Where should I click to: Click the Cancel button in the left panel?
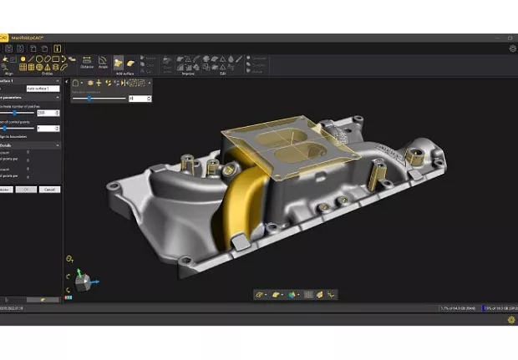(50, 190)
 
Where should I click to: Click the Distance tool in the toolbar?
(87, 63)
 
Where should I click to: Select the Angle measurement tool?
(104, 63)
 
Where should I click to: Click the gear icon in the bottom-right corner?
(510, 319)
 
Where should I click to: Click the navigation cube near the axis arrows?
(81, 282)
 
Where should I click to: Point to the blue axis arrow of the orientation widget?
(95, 281)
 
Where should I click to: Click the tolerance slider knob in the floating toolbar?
(89, 99)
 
